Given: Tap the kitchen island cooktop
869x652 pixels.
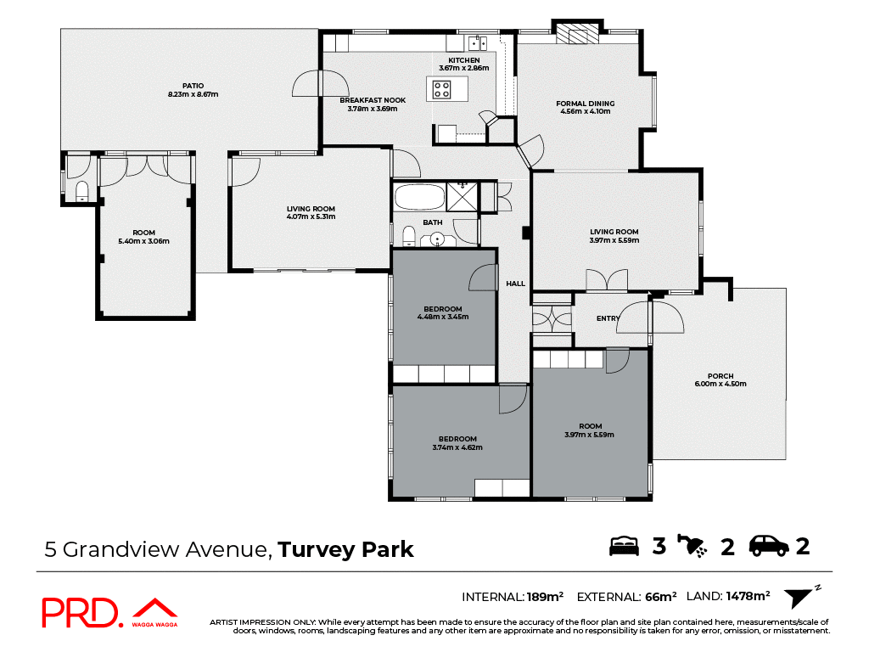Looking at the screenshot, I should click(442, 88).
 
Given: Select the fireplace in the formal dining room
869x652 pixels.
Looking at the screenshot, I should click(581, 35).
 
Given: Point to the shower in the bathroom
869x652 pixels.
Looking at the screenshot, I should click(462, 196).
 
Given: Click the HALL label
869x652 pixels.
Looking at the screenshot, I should click(515, 284).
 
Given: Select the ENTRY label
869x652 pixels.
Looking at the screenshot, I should click(608, 318).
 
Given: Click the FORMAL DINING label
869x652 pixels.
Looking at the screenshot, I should click(585, 104).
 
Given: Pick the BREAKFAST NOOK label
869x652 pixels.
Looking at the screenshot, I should click(373, 100).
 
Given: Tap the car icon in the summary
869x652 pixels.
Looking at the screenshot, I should click(769, 546).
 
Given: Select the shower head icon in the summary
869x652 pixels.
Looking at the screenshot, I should click(692, 546).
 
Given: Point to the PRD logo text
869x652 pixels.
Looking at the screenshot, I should click(81, 613).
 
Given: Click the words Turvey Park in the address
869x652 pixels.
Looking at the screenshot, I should click(345, 549).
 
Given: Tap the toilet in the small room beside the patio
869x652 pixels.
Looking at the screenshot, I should click(82, 190).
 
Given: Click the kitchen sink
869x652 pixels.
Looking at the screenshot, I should click(476, 42).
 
